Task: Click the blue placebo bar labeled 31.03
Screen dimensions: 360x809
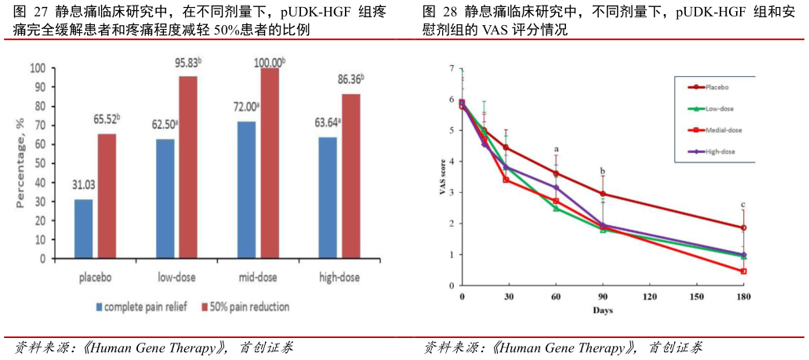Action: (83, 228)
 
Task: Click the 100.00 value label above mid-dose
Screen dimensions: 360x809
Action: (268, 61)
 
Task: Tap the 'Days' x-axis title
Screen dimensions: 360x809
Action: (602, 311)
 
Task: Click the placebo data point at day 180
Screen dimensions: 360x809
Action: (742, 228)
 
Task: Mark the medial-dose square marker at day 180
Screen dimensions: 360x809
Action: (742, 271)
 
